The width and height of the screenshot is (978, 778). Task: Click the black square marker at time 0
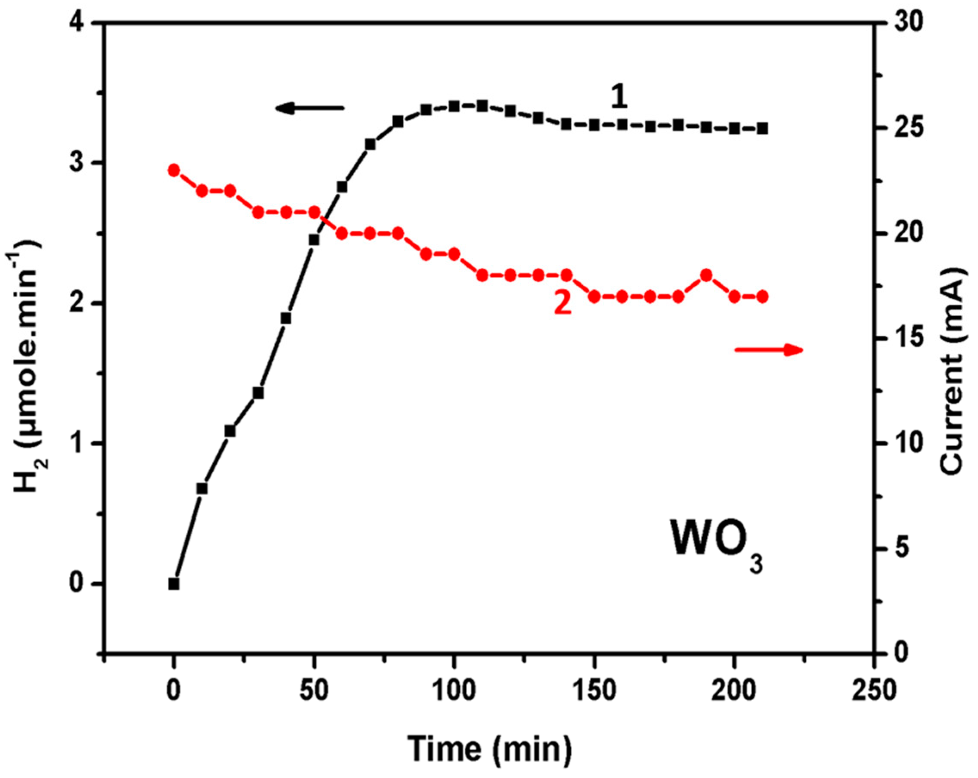(x=174, y=584)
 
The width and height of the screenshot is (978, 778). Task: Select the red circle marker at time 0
(x=174, y=170)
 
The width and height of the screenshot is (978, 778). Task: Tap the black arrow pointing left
(x=310, y=108)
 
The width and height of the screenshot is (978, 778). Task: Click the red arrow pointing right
(x=768, y=349)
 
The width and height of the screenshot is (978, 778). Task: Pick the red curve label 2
(x=563, y=303)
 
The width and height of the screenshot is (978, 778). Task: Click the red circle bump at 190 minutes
(x=706, y=275)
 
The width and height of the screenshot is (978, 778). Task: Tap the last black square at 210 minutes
(x=762, y=129)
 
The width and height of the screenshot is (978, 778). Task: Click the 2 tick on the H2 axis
(x=78, y=303)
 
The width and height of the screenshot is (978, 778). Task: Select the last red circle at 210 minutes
(x=762, y=296)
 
